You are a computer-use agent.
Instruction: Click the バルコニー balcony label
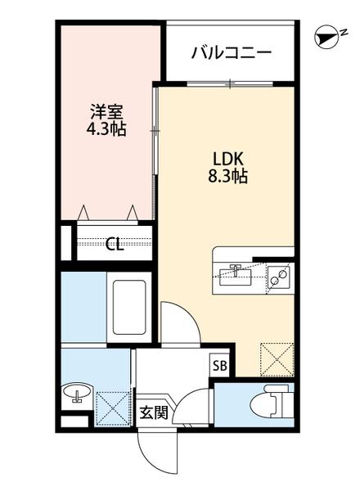(232, 53)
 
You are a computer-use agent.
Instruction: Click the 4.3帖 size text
(106, 129)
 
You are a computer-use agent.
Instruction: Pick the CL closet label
(115, 243)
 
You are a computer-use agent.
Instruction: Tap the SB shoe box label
(220, 366)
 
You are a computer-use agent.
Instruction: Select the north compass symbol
(329, 36)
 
